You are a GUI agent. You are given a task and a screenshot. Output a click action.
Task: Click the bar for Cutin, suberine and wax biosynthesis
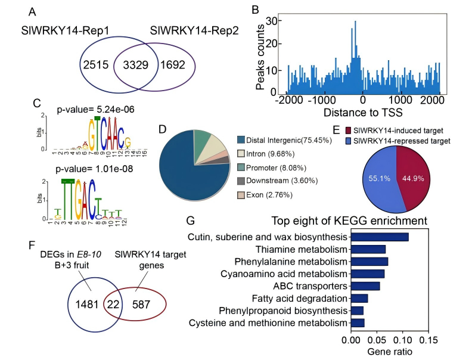(x=379, y=237)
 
